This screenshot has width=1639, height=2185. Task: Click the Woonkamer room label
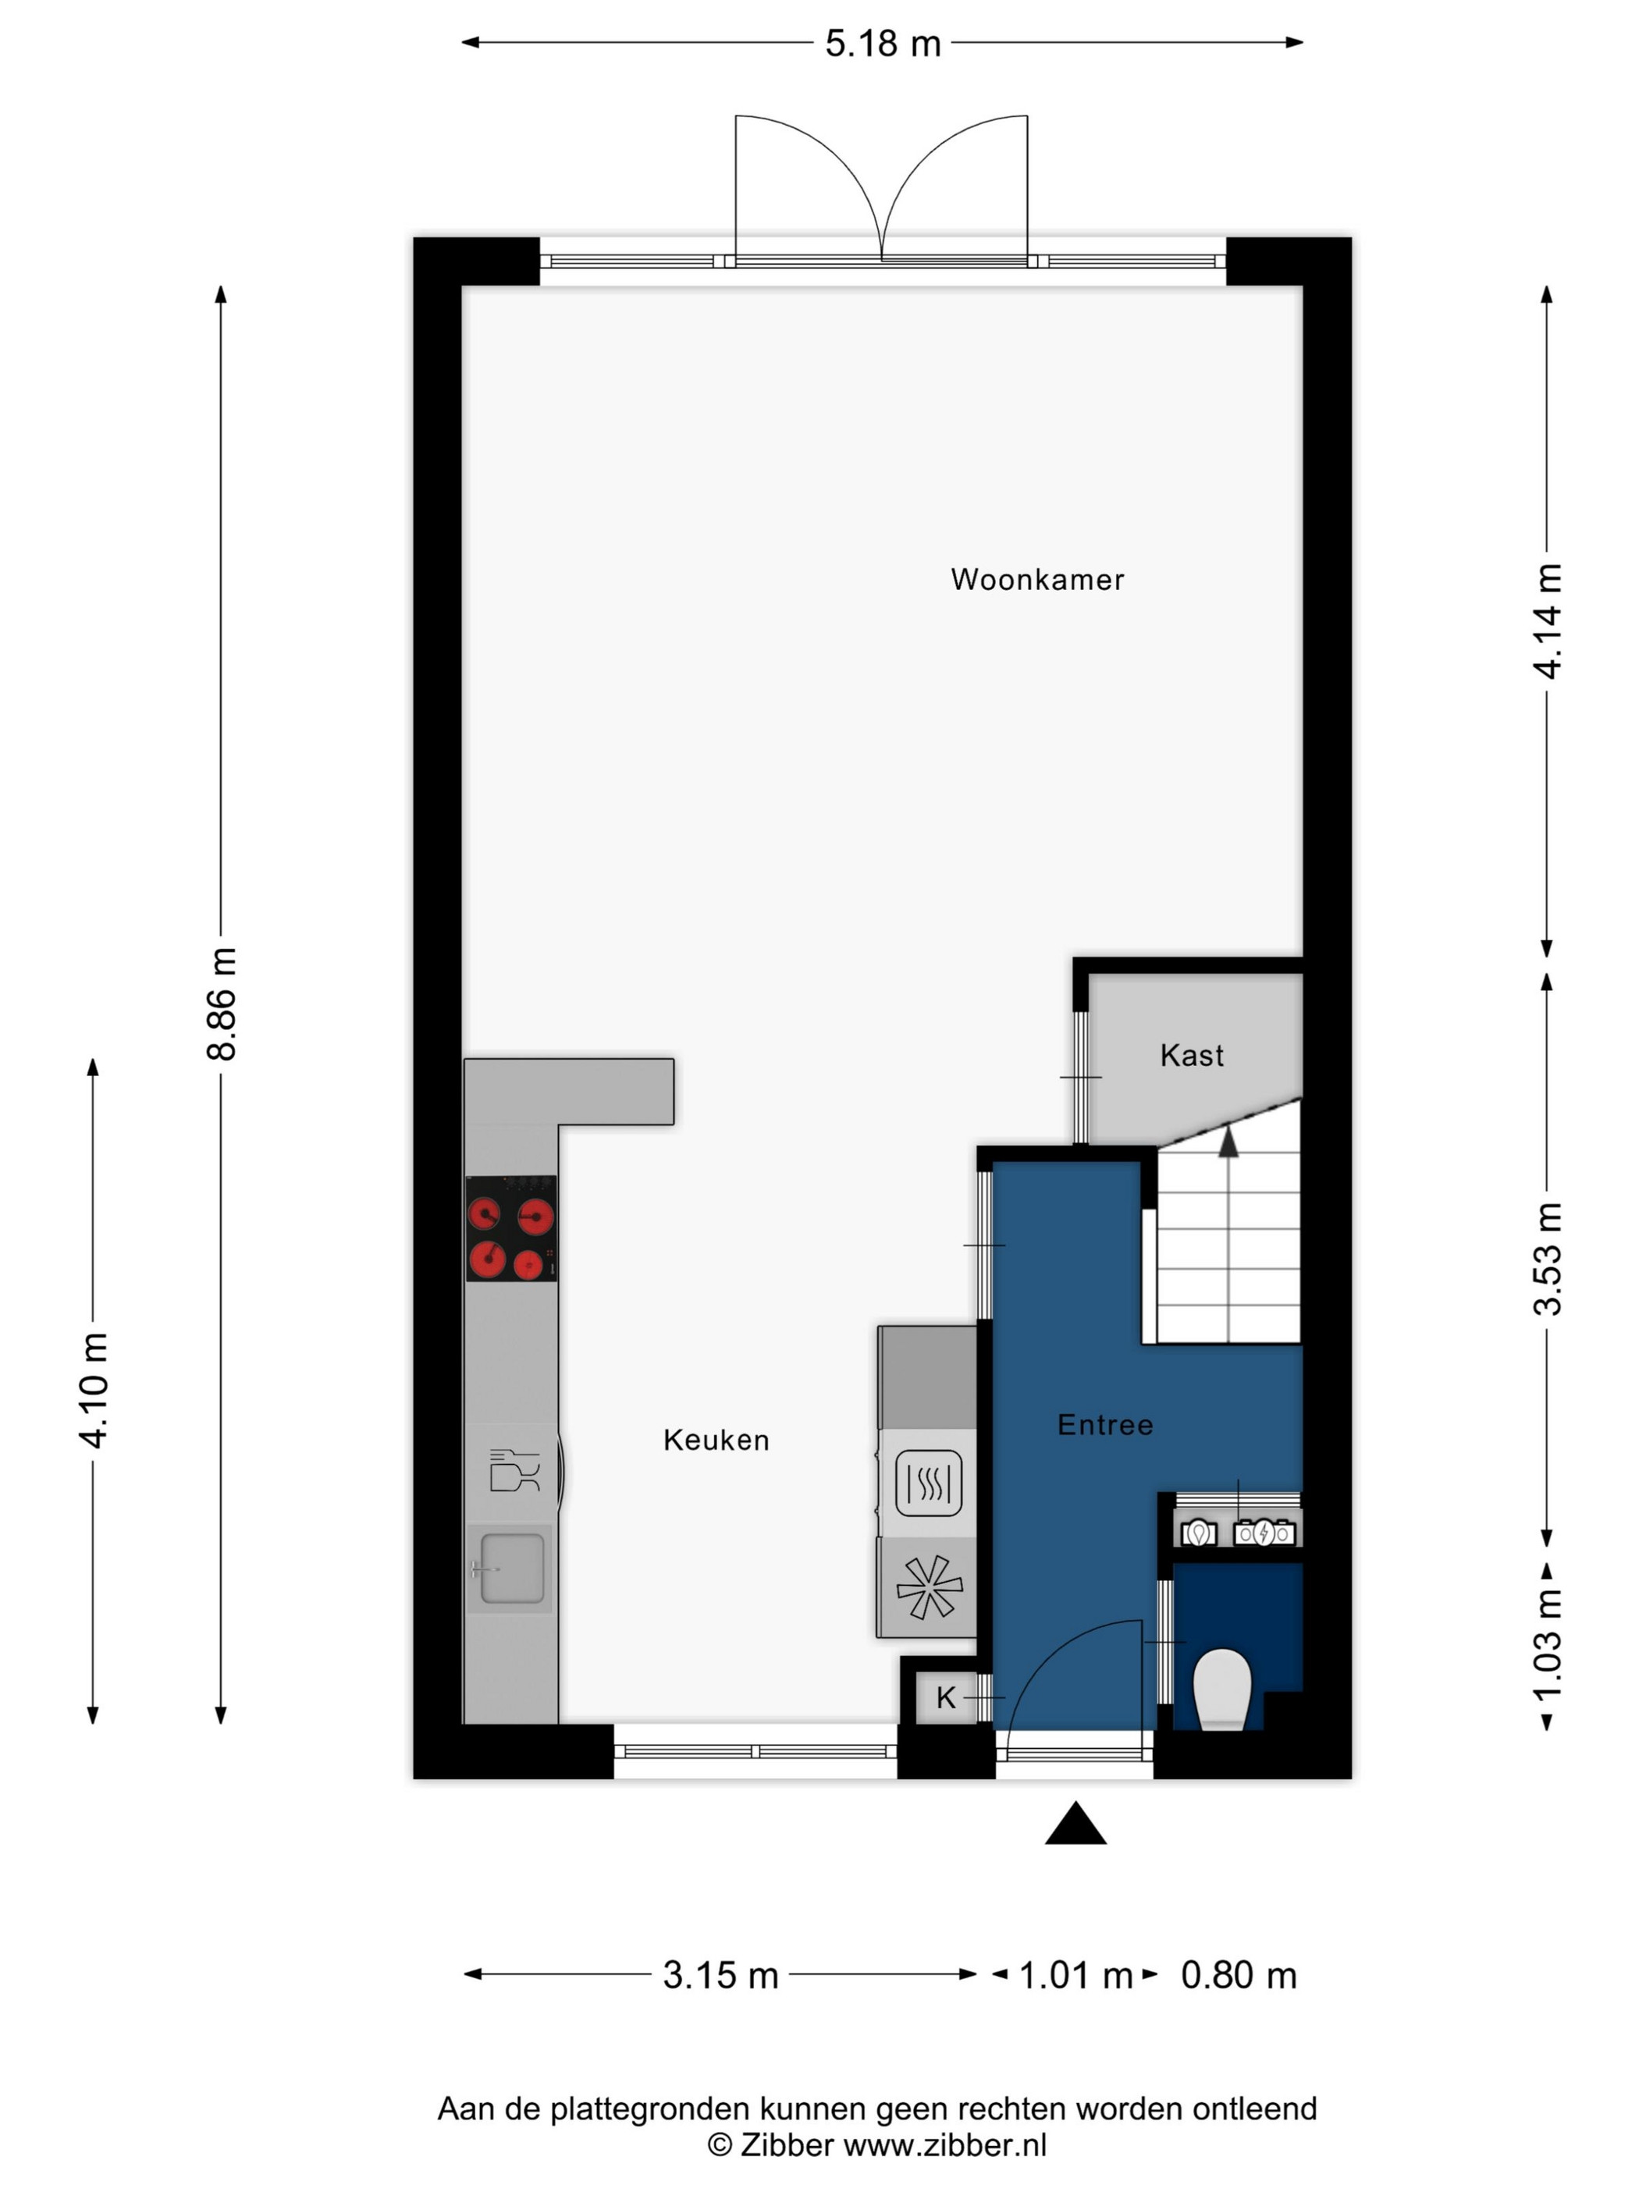click(1036, 579)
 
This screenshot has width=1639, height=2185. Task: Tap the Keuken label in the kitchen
click(716, 1441)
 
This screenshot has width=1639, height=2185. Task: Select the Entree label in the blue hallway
click(1104, 1424)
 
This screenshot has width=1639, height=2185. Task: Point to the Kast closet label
click(1192, 1055)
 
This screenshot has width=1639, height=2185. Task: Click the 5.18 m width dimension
click(882, 44)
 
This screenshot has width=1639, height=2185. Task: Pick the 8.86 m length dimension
click(222, 1004)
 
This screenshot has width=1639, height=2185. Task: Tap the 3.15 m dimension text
click(720, 1974)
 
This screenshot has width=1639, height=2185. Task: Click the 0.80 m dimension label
click(1239, 1974)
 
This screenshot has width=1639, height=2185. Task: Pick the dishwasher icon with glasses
click(514, 1470)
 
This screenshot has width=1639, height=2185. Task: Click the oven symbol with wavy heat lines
click(929, 1483)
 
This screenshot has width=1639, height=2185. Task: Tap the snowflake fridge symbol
click(929, 1587)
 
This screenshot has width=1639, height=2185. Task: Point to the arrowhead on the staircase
click(1228, 1142)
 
